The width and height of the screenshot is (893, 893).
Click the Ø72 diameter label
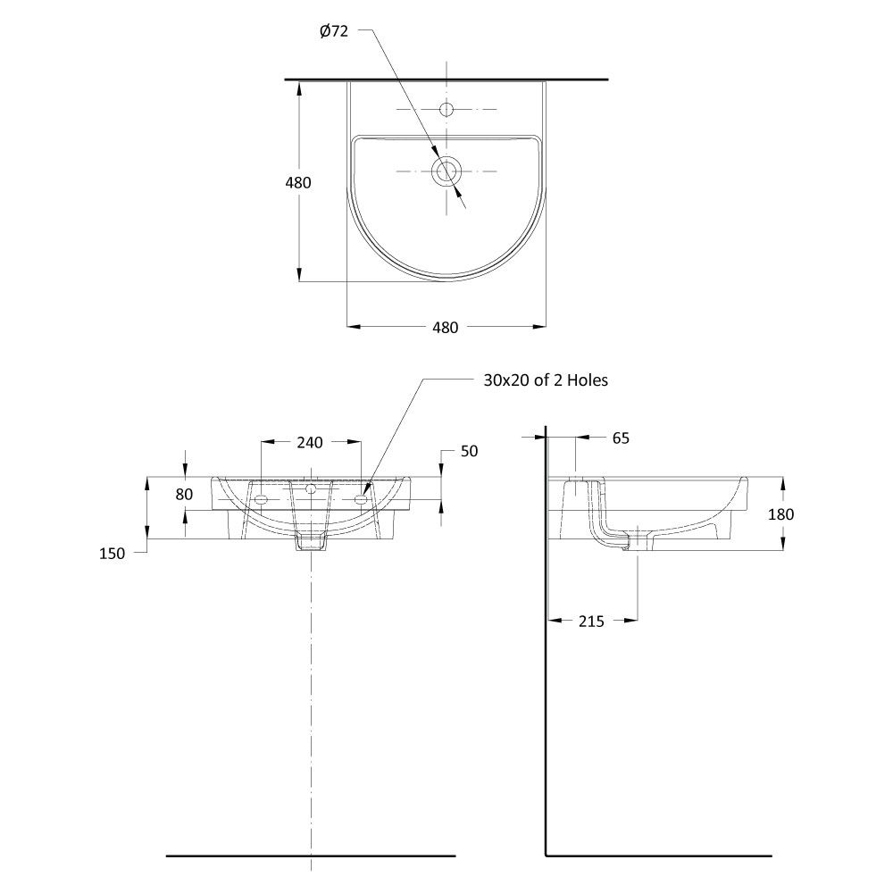coord(334,31)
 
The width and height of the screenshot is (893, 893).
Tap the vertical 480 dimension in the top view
coord(298,183)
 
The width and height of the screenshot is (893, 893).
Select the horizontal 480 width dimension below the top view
coord(446,328)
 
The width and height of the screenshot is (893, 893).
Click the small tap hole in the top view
coord(446,109)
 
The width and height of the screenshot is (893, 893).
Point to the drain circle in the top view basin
coord(446,171)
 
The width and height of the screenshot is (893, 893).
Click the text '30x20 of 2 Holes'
coord(546,380)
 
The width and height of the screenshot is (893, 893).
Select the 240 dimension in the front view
coord(310,443)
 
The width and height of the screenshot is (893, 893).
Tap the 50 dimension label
coord(470,451)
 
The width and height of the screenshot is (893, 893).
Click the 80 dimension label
coord(184,495)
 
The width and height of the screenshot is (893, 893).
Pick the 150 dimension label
coord(113,554)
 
